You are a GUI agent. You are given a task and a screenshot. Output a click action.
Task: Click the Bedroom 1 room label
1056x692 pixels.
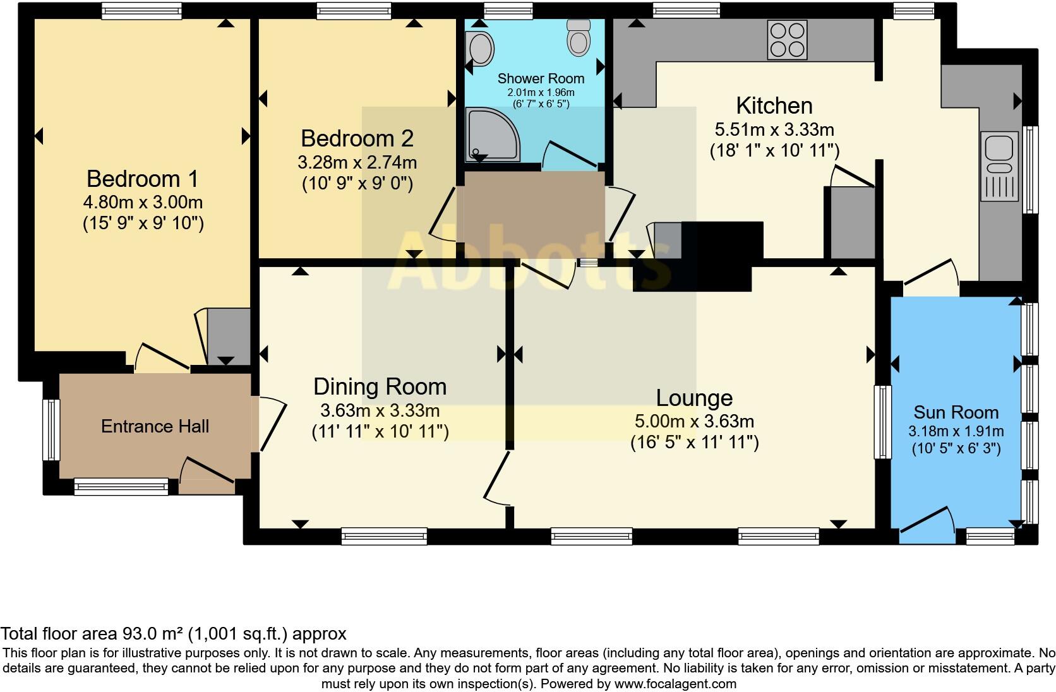click(142, 179)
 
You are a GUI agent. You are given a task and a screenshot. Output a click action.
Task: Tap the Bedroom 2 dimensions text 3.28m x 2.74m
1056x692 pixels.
click(357, 163)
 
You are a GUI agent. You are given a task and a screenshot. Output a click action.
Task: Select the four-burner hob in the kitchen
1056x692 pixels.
click(787, 40)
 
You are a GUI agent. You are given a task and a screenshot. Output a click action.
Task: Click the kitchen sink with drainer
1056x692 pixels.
click(999, 166)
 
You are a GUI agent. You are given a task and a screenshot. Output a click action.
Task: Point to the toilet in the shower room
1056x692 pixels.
click(579, 37)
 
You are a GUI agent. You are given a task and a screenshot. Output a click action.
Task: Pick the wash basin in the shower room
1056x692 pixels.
click(480, 49)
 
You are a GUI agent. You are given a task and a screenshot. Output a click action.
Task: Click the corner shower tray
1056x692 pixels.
click(492, 134)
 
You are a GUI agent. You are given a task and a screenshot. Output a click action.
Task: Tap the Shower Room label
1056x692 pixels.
click(541, 78)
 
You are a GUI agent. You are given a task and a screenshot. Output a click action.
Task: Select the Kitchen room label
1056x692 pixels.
click(774, 105)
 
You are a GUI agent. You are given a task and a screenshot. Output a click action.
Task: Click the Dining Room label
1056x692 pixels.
click(380, 387)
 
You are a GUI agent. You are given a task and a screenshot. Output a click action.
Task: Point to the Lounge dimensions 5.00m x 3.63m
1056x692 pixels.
click(694, 421)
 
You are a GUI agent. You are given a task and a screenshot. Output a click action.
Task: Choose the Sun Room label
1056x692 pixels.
click(956, 412)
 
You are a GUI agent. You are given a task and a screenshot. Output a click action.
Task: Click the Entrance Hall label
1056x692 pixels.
click(155, 426)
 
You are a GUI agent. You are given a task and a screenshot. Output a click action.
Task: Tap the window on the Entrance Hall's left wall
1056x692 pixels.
click(51, 430)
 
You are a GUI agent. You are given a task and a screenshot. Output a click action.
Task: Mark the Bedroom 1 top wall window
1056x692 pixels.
click(142, 11)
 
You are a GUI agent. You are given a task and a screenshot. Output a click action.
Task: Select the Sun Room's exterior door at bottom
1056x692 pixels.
click(927, 525)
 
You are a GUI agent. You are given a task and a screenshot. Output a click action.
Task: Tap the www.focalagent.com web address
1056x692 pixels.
click(675, 684)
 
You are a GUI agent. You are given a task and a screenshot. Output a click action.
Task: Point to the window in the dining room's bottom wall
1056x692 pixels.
click(384, 537)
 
